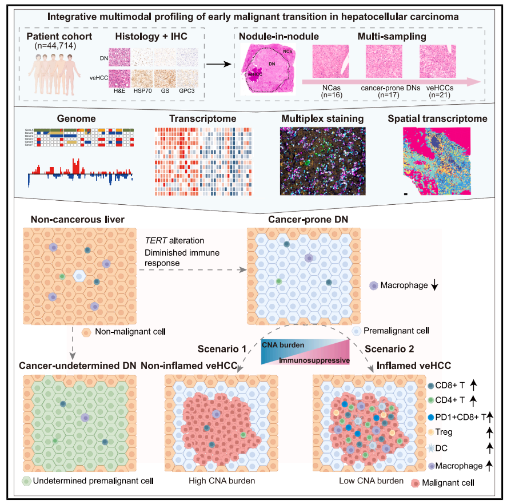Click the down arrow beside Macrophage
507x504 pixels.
click(434, 284)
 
